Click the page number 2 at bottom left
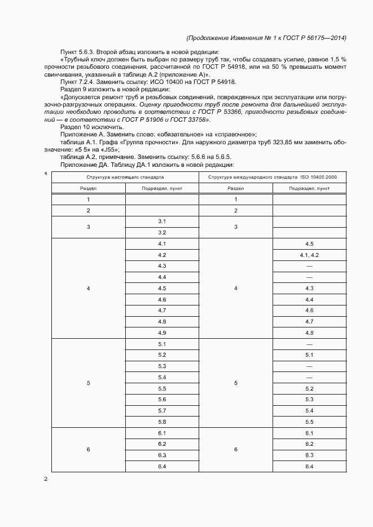45,479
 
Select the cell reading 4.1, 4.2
309,255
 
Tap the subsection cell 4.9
162,333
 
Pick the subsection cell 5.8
162,422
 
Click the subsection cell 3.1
162,221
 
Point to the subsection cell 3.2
162,232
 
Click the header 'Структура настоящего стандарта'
125,178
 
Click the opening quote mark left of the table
45,174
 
